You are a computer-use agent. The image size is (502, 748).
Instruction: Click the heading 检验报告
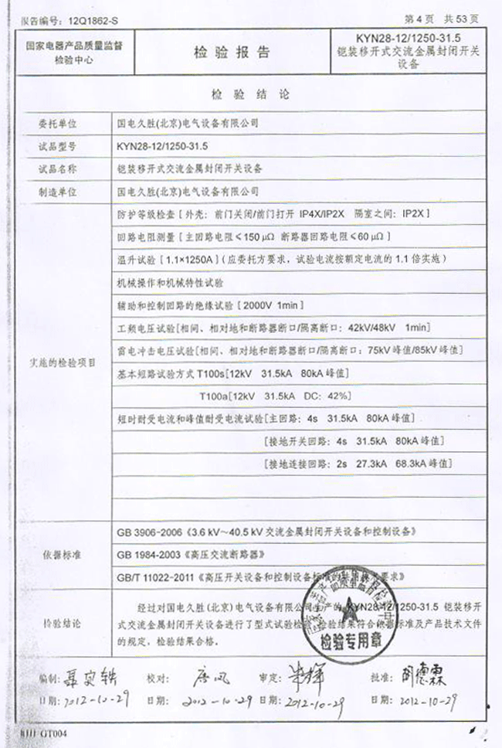pyautogui.click(x=232, y=53)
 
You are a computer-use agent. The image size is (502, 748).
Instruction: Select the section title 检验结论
pyautogui.click(x=249, y=96)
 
